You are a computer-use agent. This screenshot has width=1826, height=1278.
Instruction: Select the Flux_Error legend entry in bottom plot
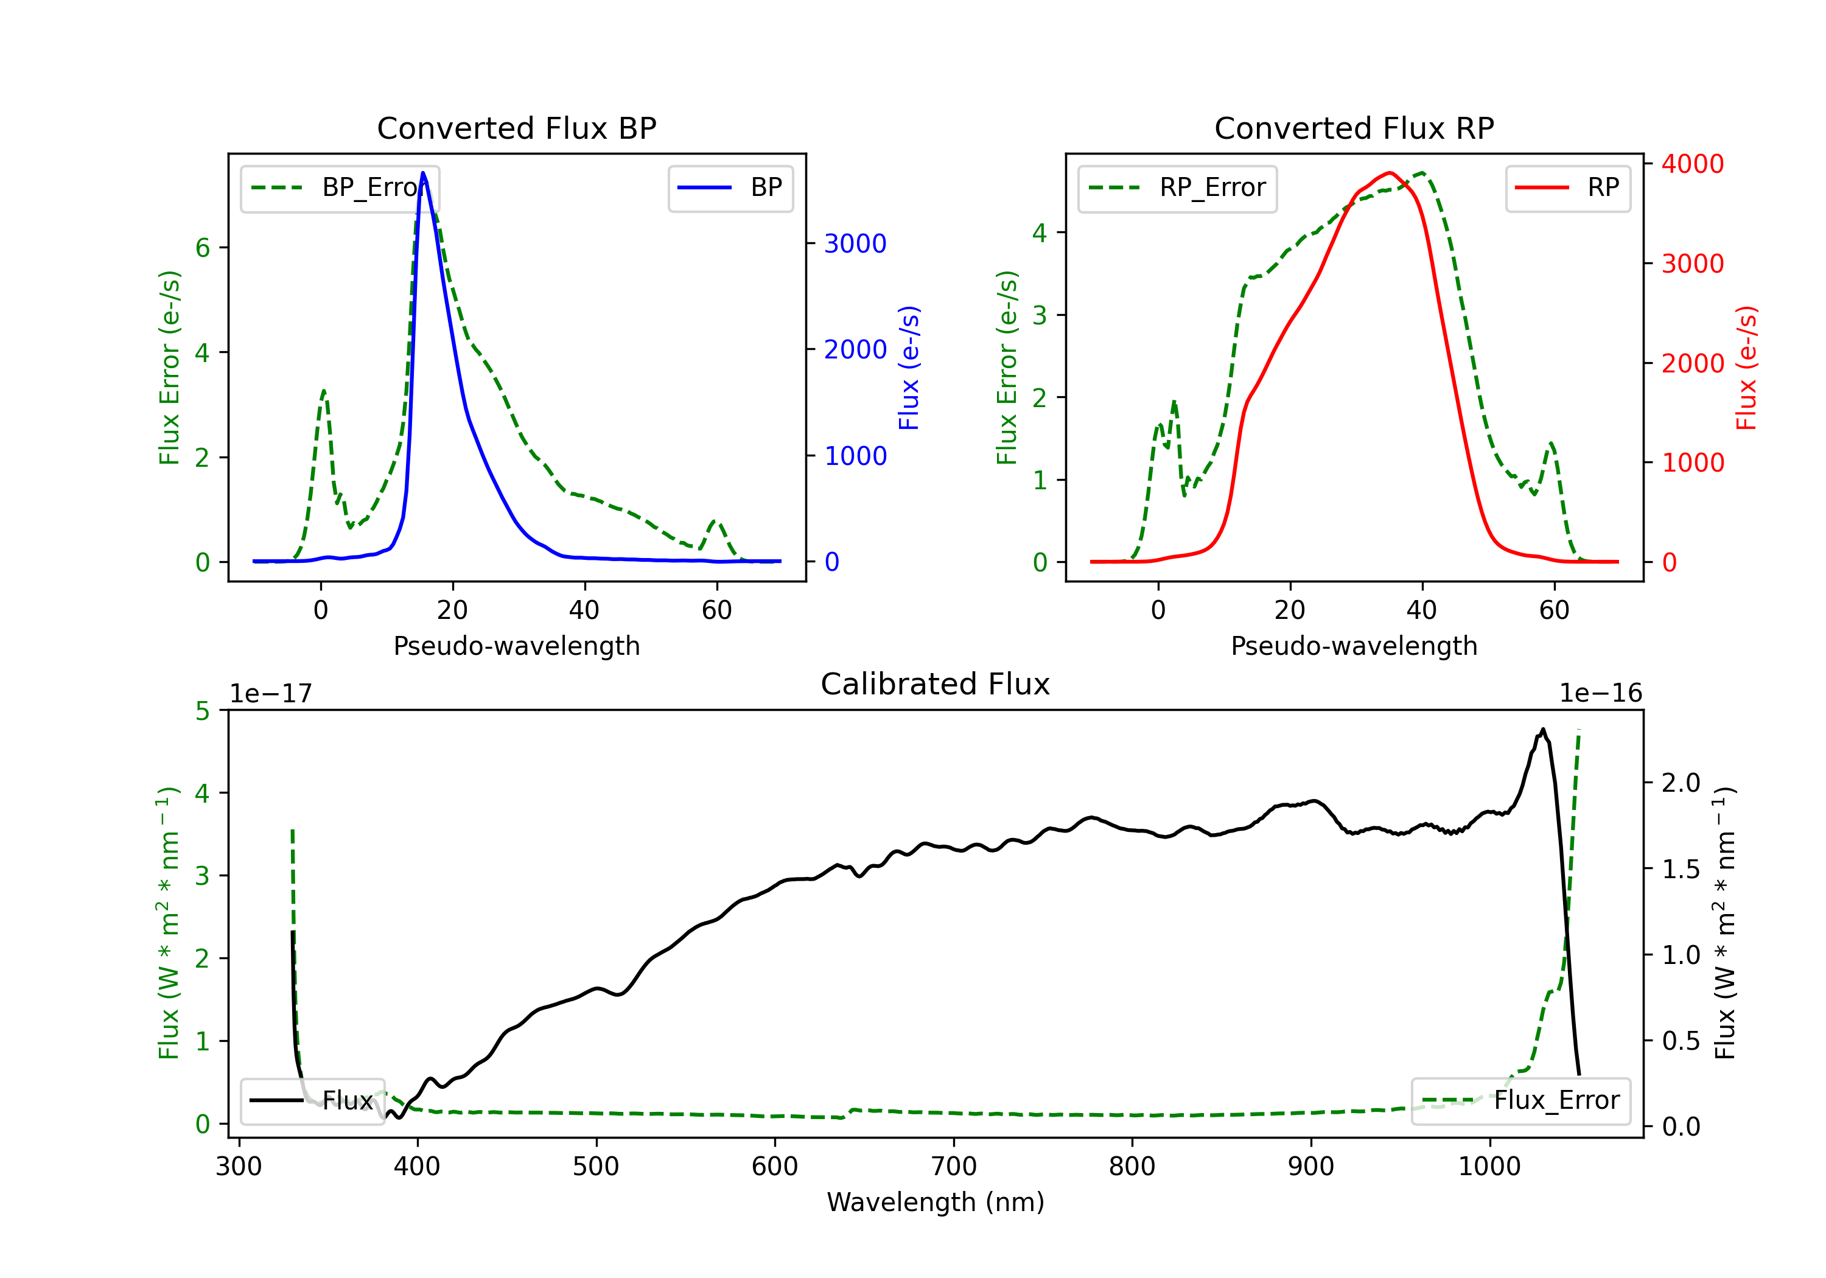(x=1520, y=1101)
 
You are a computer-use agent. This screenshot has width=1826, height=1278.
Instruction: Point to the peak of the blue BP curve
(x=423, y=173)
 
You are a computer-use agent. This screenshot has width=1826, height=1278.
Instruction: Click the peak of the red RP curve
(x=1388, y=173)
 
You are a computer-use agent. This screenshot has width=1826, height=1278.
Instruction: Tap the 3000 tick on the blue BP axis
(x=855, y=244)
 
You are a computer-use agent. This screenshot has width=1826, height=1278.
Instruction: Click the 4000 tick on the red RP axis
(x=1692, y=165)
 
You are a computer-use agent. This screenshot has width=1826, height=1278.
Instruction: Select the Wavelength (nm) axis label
(x=936, y=1202)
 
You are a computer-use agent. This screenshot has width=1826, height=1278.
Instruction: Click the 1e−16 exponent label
(x=1600, y=694)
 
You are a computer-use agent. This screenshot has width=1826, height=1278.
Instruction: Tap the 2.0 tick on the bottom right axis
(x=1681, y=783)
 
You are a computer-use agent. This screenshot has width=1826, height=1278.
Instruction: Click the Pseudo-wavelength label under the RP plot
(x=1354, y=646)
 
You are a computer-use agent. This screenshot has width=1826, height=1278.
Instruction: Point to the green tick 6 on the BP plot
(x=203, y=248)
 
